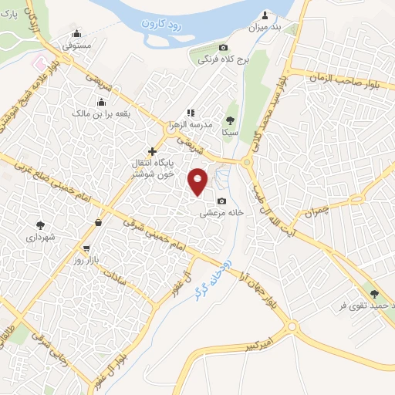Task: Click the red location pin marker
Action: pos(198,180)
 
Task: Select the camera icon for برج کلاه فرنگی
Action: pos(224,47)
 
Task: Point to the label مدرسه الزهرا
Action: pos(191,123)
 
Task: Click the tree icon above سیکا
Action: pos(230,120)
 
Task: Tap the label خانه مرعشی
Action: pos(223,212)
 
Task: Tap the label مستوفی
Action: pos(77,46)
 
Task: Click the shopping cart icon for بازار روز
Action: pos(86,248)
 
